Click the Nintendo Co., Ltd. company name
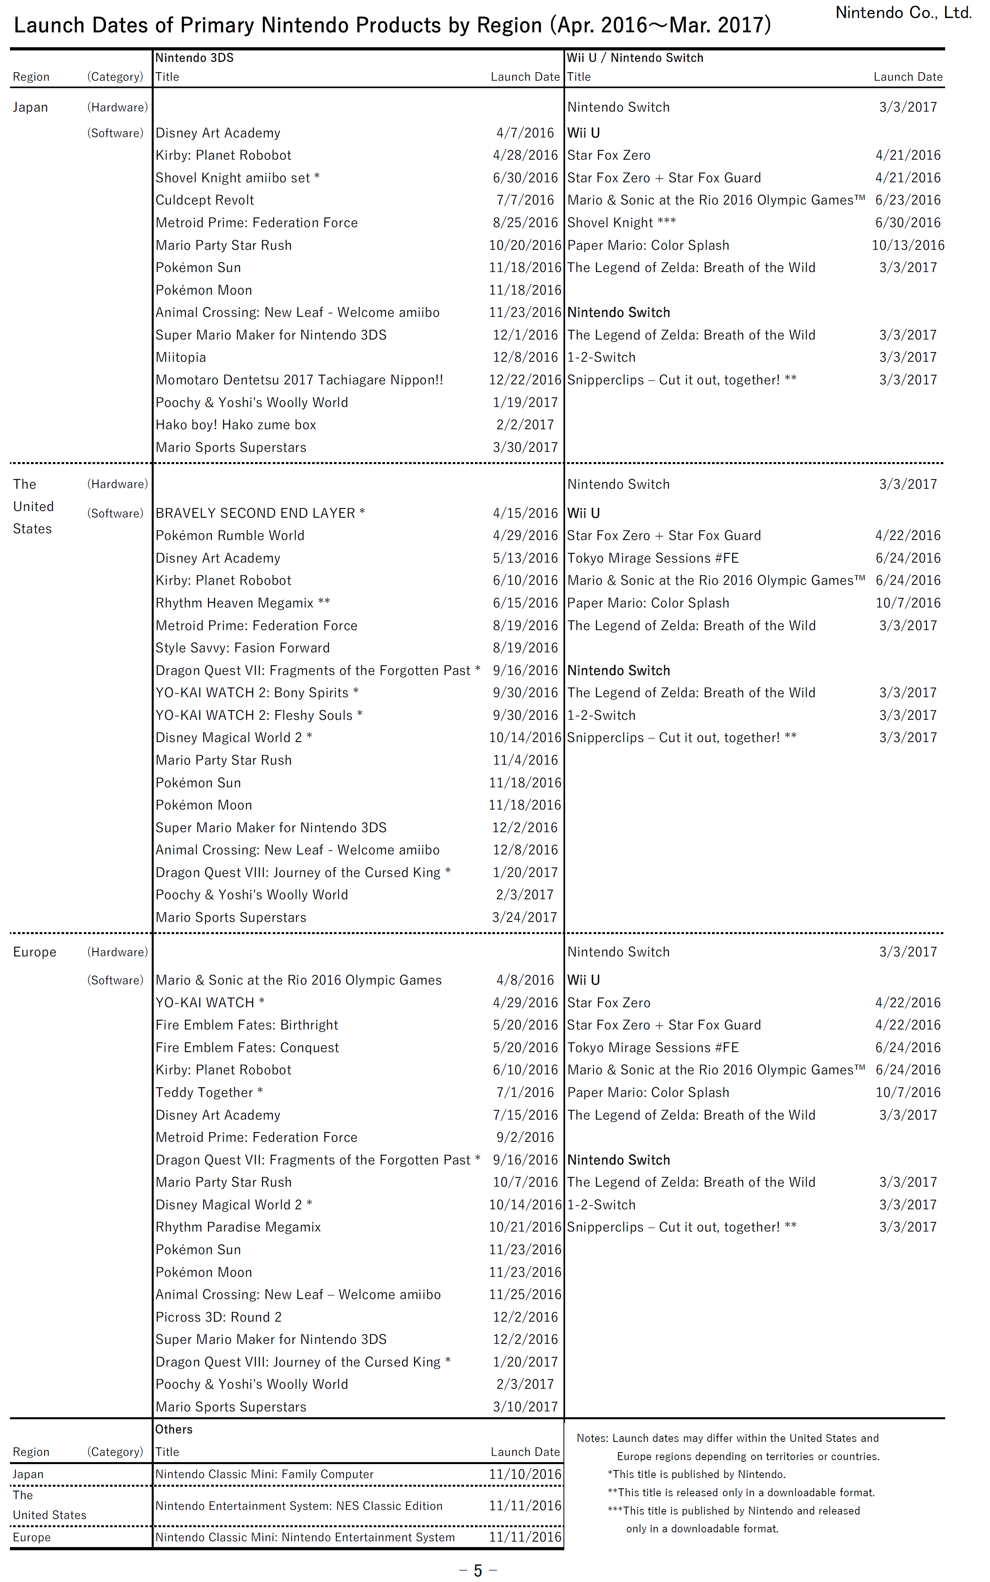[903, 12]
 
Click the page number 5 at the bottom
[478, 1570]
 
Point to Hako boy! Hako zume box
[236, 425]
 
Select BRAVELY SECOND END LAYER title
[255, 513]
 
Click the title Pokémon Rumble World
[230, 536]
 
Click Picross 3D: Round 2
[218, 1317]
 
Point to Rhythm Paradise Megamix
[238, 1227]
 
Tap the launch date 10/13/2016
[907, 245]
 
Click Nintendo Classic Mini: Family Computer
[264, 1474]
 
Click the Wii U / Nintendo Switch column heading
[635, 58]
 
